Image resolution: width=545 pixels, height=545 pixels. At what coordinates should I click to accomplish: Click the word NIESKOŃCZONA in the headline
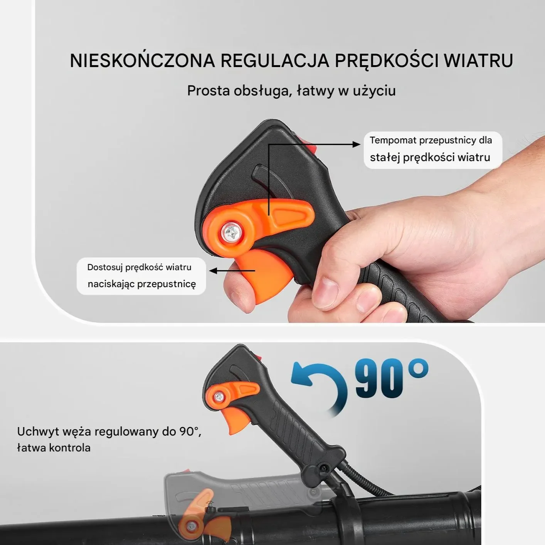pyautogui.click(x=142, y=61)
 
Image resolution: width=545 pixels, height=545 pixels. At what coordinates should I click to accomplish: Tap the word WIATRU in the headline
pyautogui.click(x=478, y=61)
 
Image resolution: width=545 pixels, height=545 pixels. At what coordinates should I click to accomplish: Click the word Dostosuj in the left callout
pyautogui.click(x=105, y=267)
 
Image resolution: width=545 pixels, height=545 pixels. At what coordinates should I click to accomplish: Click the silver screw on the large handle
pyautogui.click(x=231, y=232)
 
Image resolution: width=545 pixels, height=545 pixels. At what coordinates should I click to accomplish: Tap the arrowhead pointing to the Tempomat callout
pyautogui.click(x=356, y=145)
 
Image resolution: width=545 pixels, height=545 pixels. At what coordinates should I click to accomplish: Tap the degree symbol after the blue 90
pyautogui.click(x=418, y=369)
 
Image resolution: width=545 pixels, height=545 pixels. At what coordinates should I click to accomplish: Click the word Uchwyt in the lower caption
pyautogui.click(x=38, y=432)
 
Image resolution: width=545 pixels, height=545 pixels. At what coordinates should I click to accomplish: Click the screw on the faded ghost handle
pyautogui.click(x=190, y=526)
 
